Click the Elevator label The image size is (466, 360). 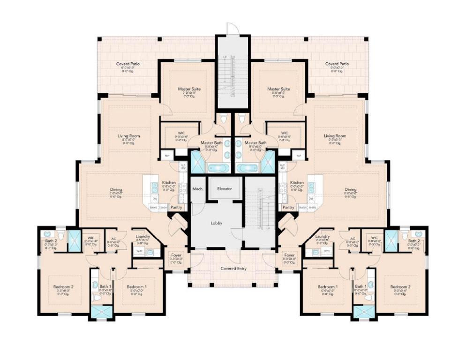tap(225, 188)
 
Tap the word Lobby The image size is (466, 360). tap(217, 223)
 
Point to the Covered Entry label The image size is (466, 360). tap(233, 269)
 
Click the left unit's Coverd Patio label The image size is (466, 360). tap(128, 64)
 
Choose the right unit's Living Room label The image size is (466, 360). tap(335, 136)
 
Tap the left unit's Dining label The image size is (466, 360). tap(116, 190)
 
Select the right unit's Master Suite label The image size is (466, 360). tap(278, 89)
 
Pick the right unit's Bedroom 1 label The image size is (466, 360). tap(328, 286)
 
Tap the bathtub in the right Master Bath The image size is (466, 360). tap(246, 168)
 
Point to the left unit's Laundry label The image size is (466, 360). tap(143, 236)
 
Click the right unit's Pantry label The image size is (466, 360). tap(289, 207)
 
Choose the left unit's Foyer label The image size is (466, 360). tap(176, 255)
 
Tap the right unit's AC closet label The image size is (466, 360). tap(352, 238)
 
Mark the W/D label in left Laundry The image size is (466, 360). tap(139, 251)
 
